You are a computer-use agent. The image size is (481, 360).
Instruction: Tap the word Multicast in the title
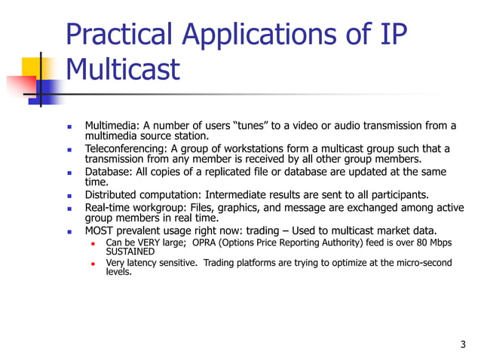123,70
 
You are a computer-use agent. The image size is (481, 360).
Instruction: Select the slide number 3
462,345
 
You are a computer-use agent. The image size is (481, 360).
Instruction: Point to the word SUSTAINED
130,252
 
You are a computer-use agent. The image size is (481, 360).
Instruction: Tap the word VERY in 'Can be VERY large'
148,243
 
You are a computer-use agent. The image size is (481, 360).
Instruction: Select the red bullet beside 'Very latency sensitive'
91,264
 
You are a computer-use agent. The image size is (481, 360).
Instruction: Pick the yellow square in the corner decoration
29,67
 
